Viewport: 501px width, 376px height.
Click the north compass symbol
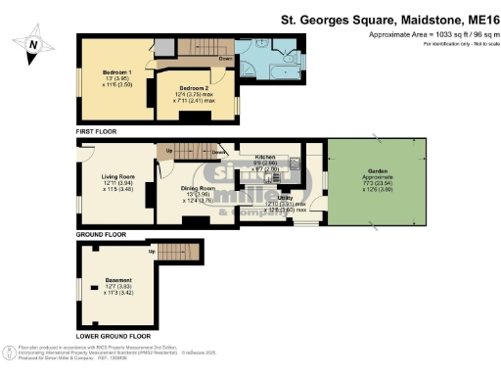[x=35, y=43]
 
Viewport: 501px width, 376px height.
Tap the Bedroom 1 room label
[x=117, y=72]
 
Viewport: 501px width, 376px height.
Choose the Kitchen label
[x=266, y=157]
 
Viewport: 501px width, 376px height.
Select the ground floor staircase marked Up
[x=191, y=151]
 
